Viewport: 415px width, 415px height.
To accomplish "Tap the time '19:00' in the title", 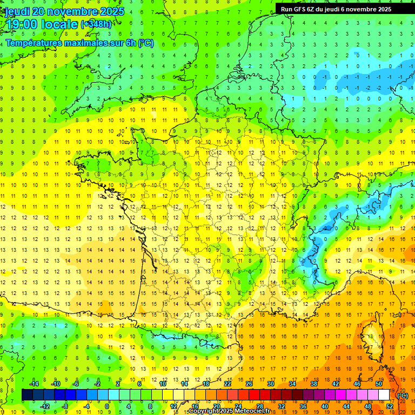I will pyautogui.click(x=23, y=24).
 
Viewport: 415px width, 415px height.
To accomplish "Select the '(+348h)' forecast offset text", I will pyautogui.click(x=96, y=24).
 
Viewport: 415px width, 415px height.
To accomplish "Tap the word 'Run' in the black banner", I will pyautogui.click(x=287, y=9).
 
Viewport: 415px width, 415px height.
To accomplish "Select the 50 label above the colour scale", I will pyautogui.click(x=379, y=384).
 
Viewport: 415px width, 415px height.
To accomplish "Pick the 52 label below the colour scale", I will pyautogui.click(x=389, y=406).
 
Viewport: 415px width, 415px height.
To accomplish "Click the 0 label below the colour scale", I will pyautogui.click(x=107, y=406).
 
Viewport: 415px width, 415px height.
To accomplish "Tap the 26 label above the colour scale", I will pyautogui.click(x=249, y=384).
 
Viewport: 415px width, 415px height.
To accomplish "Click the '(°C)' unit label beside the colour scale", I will pyautogui.click(x=403, y=396).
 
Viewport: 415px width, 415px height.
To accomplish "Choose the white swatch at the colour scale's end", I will pyautogui.click(x=384, y=395).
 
